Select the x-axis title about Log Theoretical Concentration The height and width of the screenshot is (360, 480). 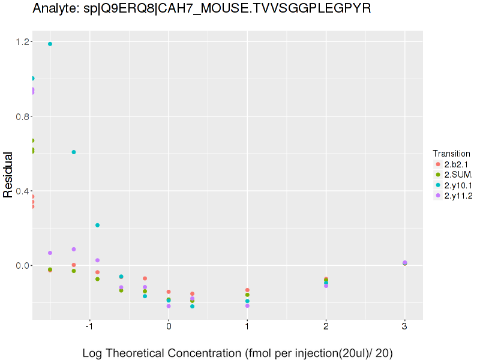tap(237, 353)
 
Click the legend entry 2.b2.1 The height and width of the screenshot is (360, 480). tap(456, 164)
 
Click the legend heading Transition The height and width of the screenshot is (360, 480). tap(451, 153)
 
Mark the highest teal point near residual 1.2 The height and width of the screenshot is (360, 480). tap(50, 44)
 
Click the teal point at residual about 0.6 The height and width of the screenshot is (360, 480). tap(74, 152)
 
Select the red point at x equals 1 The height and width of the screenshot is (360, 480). tap(247, 290)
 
